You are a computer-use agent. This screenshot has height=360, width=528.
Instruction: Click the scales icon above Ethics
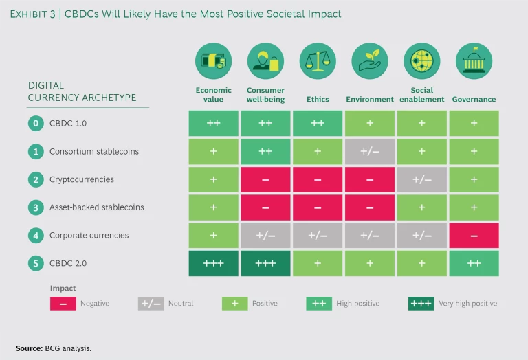coord(318,61)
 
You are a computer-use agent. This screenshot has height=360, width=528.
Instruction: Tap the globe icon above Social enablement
coord(421,61)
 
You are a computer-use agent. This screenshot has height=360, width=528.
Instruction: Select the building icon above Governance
coord(474,61)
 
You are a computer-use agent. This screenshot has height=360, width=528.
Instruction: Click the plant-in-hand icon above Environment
coord(370,61)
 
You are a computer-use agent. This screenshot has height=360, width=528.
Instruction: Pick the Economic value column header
coord(214,95)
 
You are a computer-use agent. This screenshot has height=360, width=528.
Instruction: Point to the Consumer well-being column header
coord(265,95)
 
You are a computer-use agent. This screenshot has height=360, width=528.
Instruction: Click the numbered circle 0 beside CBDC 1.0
coord(34,124)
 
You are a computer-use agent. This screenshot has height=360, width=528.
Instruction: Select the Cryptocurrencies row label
coord(81,179)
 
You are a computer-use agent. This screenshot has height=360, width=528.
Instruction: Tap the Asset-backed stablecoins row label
coord(96,207)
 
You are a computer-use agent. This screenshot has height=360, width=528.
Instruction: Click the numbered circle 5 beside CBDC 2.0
coord(34,263)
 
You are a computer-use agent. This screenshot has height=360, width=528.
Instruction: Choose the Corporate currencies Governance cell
coord(474,236)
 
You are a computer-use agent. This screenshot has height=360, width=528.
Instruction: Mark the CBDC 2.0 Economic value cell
coord(214,263)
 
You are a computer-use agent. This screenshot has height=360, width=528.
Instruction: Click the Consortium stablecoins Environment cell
coord(370,152)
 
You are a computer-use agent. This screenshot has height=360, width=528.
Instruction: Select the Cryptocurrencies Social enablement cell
coord(421,180)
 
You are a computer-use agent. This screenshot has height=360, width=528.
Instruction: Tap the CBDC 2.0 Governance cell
coord(474,263)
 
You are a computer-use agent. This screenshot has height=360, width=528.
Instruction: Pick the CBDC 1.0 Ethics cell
coord(318,124)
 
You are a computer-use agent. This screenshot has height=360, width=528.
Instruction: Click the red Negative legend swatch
coord(63,303)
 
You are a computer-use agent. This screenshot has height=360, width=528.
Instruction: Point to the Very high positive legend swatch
coord(420,303)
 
